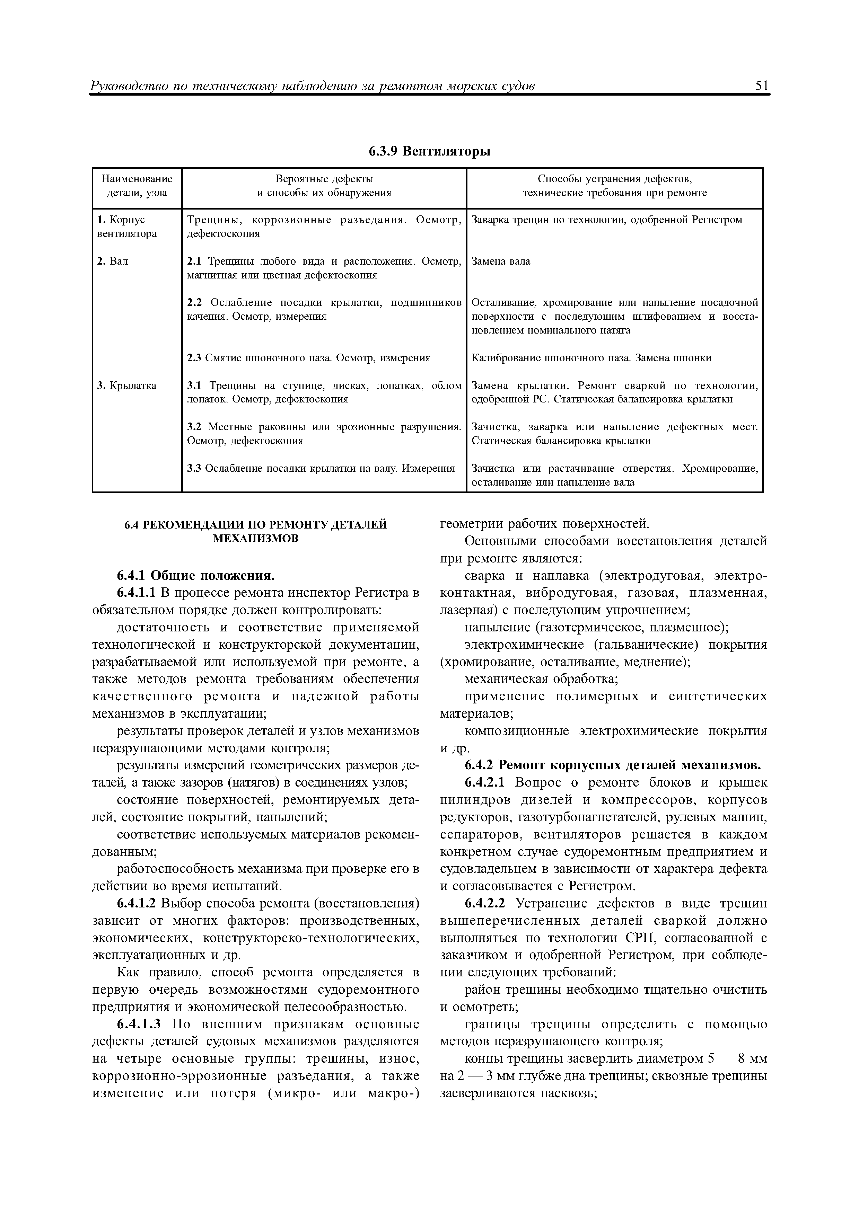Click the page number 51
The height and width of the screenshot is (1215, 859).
click(x=762, y=86)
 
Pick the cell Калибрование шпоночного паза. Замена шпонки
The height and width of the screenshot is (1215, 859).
click(x=591, y=358)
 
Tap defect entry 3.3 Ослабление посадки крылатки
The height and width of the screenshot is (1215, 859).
click(x=321, y=468)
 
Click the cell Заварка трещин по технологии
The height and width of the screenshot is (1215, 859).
click(x=606, y=220)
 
